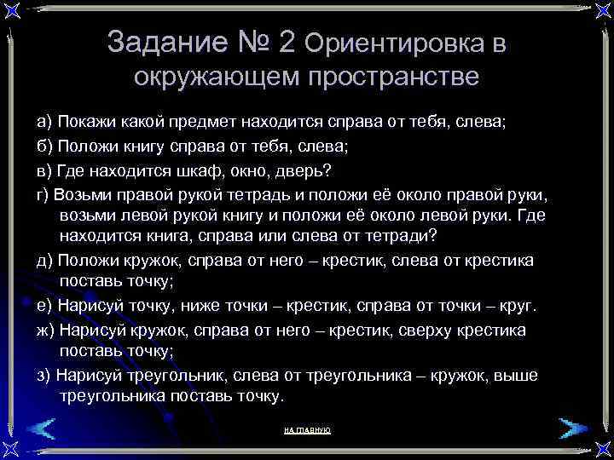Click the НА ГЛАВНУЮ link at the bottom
pyautogui.click(x=306, y=430)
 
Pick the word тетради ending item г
pyautogui.click(x=397, y=234)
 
